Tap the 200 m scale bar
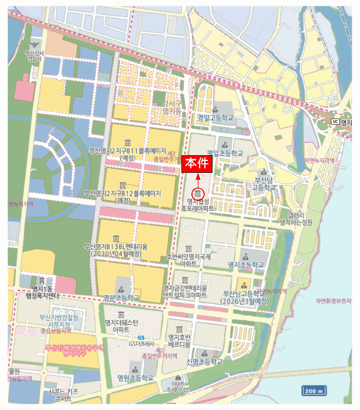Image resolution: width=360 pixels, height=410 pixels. [x=314, y=391]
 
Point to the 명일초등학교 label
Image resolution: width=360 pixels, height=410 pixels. [x=224, y=152]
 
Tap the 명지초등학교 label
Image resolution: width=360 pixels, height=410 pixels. [x=246, y=265]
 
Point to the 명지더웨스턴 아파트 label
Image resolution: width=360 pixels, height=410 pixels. [x=121, y=326]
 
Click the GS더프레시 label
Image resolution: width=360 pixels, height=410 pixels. [x=141, y=344]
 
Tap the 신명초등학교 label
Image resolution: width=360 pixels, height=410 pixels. [x=204, y=362]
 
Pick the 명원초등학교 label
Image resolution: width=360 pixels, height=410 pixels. [x=135, y=377]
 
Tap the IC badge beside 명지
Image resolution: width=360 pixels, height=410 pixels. [x=335, y=121]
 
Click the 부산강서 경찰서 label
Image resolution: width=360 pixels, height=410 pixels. [x=34, y=56]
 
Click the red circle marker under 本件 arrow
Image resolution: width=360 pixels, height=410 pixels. [x=198, y=193]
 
